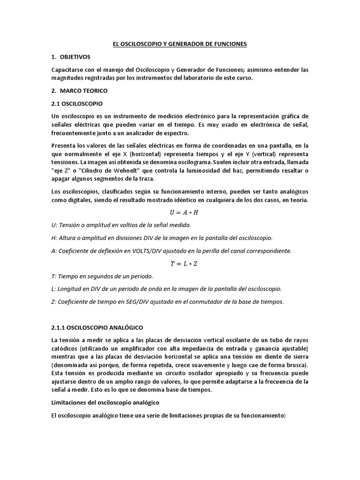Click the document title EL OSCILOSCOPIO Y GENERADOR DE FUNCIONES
click(180, 44)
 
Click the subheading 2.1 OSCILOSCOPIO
click(76, 103)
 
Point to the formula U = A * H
click(180, 212)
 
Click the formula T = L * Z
click(180, 263)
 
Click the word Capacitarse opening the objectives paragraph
click(69, 70)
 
